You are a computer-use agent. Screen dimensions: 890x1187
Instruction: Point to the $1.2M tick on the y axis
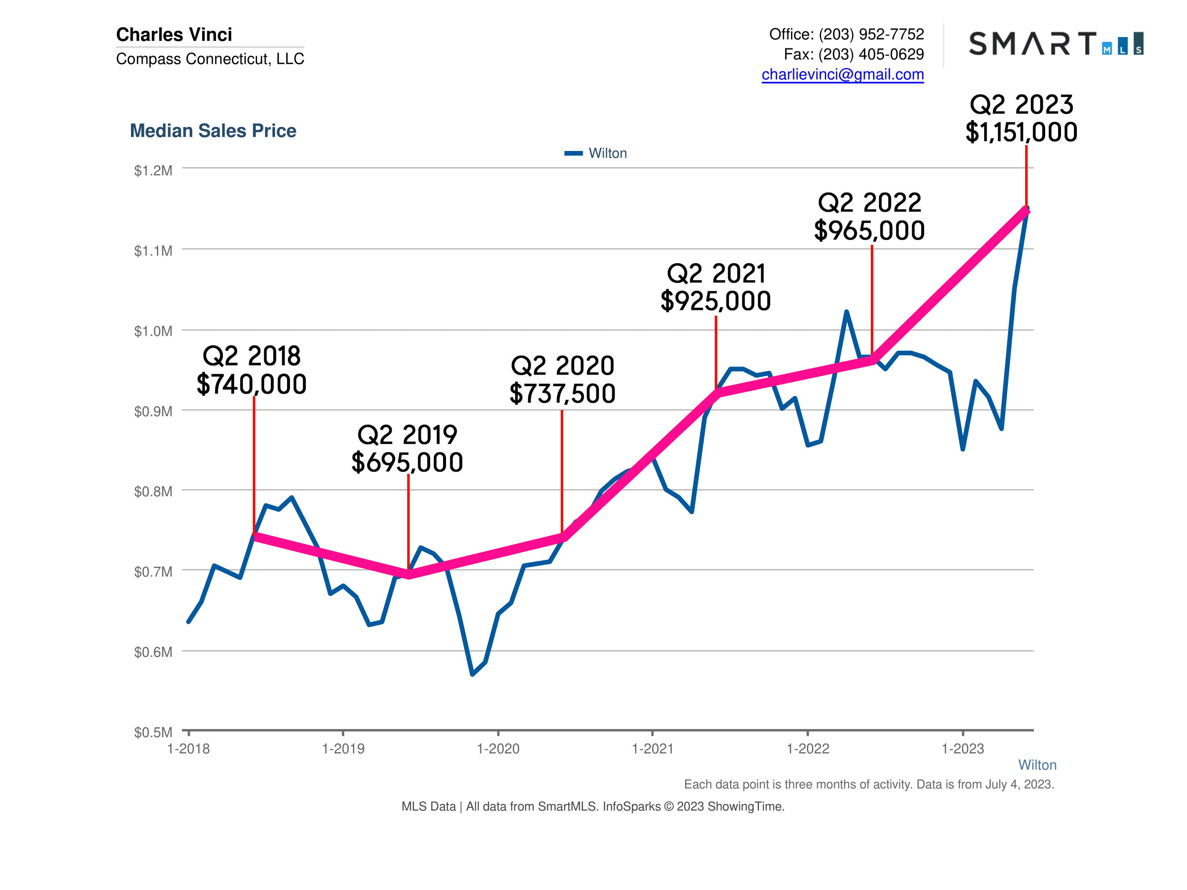click(153, 171)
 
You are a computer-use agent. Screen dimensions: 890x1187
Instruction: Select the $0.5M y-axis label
click(153, 732)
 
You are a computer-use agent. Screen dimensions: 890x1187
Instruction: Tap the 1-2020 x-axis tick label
click(498, 749)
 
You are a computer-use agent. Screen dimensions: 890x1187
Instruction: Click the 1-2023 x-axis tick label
click(962, 749)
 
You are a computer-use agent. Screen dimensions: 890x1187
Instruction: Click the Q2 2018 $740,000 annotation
click(251, 370)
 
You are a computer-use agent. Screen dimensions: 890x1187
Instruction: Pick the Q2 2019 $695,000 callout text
click(407, 448)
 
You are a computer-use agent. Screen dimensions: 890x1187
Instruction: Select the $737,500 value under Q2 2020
click(562, 394)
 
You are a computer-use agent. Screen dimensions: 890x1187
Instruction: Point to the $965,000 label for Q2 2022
click(869, 231)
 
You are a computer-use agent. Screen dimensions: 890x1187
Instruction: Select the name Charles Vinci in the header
click(174, 34)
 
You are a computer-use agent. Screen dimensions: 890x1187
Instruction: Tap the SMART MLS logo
click(1056, 43)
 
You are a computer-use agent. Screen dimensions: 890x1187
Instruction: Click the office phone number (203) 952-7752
click(871, 34)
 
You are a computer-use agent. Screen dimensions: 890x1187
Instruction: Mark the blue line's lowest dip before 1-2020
click(472, 674)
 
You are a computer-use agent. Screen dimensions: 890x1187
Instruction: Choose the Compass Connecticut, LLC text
click(210, 58)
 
